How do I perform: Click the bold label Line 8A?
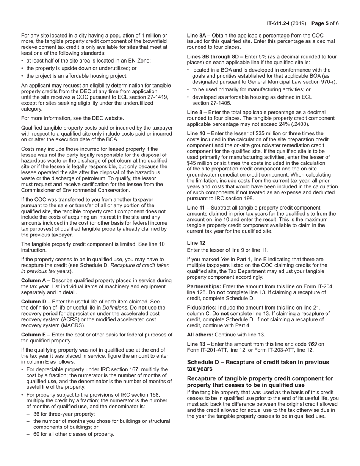tap(198, 35)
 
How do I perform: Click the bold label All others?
tap(200, 335)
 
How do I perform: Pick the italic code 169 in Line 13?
tap(312, 344)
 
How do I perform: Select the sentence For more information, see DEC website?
tap(72, 118)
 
